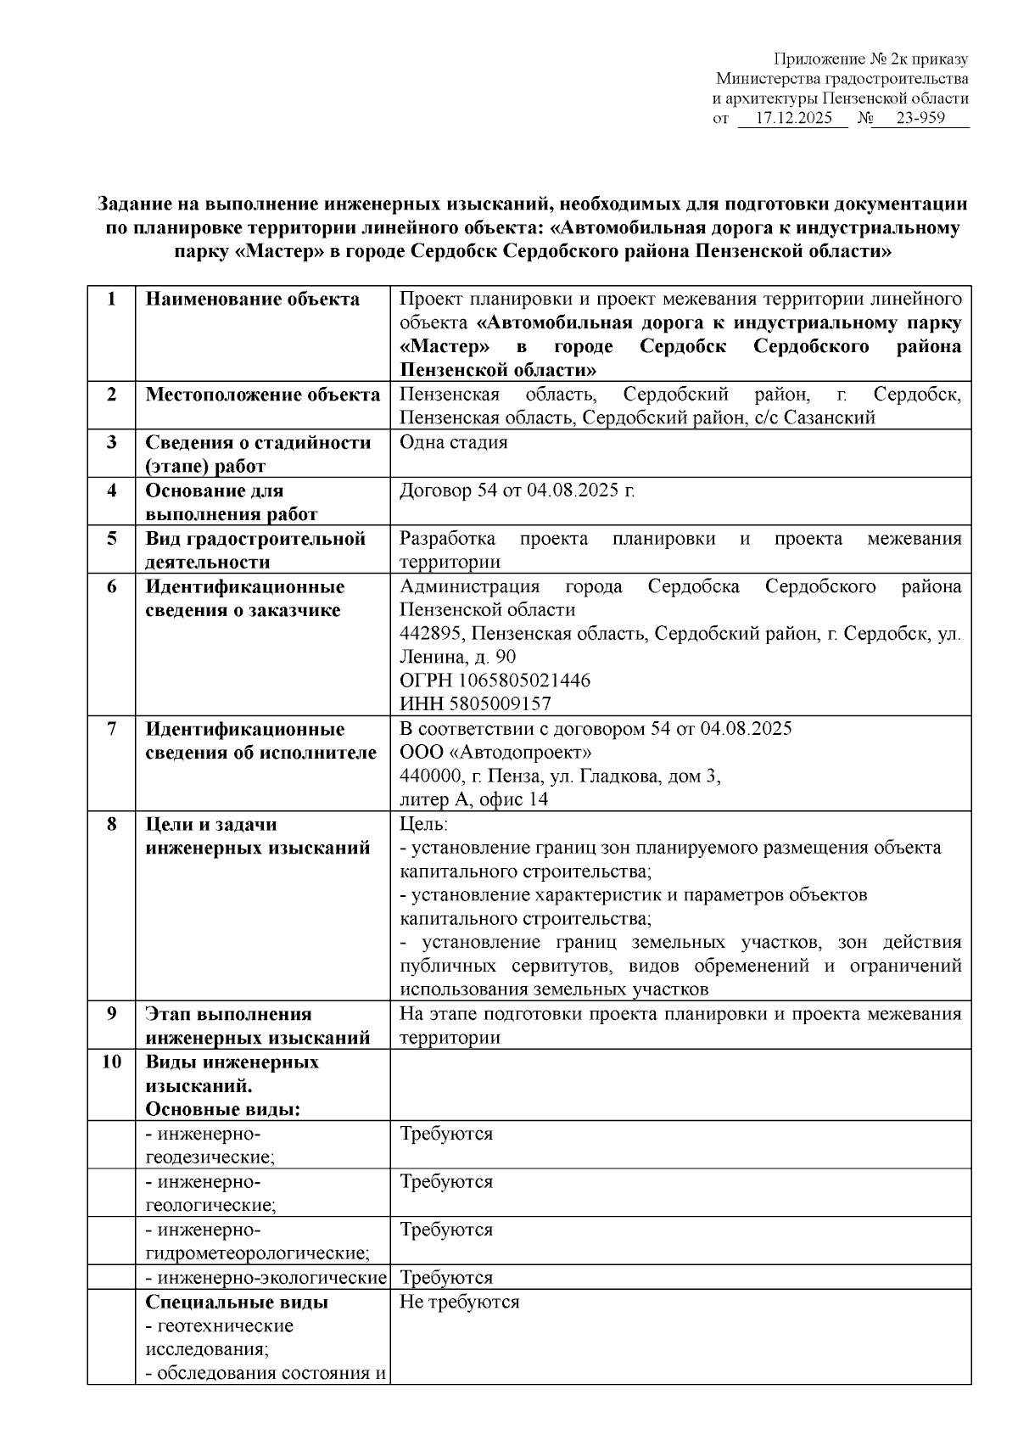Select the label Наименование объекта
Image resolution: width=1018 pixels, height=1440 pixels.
pos(252,299)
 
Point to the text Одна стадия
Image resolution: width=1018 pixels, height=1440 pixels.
pos(453,442)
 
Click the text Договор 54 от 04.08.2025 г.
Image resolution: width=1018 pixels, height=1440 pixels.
pos(517,490)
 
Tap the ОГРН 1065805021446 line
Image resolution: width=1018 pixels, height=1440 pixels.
pos(495,681)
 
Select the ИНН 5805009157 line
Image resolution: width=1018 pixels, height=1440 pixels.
pos(475,703)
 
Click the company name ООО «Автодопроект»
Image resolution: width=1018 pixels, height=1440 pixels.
pos(495,753)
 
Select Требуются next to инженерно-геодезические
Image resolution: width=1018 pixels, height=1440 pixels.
pos(445,1134)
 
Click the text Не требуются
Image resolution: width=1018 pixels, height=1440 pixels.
pos(459,1302)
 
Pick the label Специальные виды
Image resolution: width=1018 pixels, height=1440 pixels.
pos(237,1302)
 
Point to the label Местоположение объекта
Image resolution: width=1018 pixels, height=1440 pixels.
pos(262,395)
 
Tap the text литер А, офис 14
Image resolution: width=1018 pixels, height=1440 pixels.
pos(473,799)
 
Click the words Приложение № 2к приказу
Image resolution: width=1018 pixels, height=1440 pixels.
pos(870,59)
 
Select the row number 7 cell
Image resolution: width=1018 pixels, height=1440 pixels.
pos(111,729)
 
